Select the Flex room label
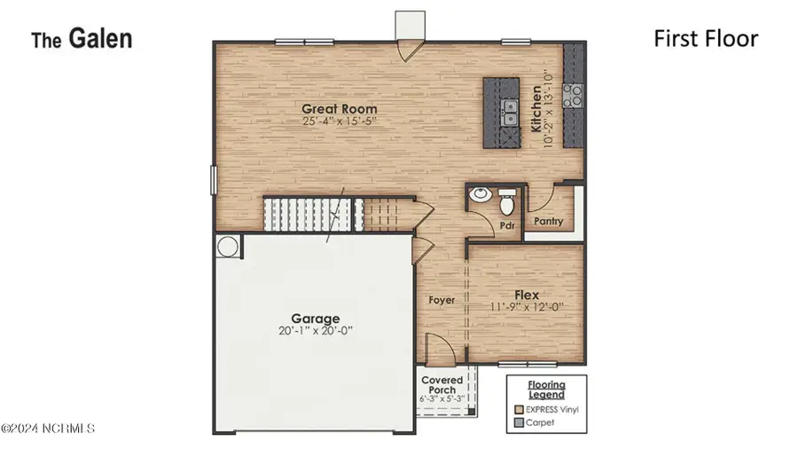527,295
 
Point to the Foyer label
442,300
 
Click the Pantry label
549,222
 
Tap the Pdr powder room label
506,225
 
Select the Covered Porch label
442,385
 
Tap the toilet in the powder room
507,205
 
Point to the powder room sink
480,195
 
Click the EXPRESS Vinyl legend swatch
518,409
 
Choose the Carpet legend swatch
518,423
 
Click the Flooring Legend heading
547,389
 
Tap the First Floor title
706,38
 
